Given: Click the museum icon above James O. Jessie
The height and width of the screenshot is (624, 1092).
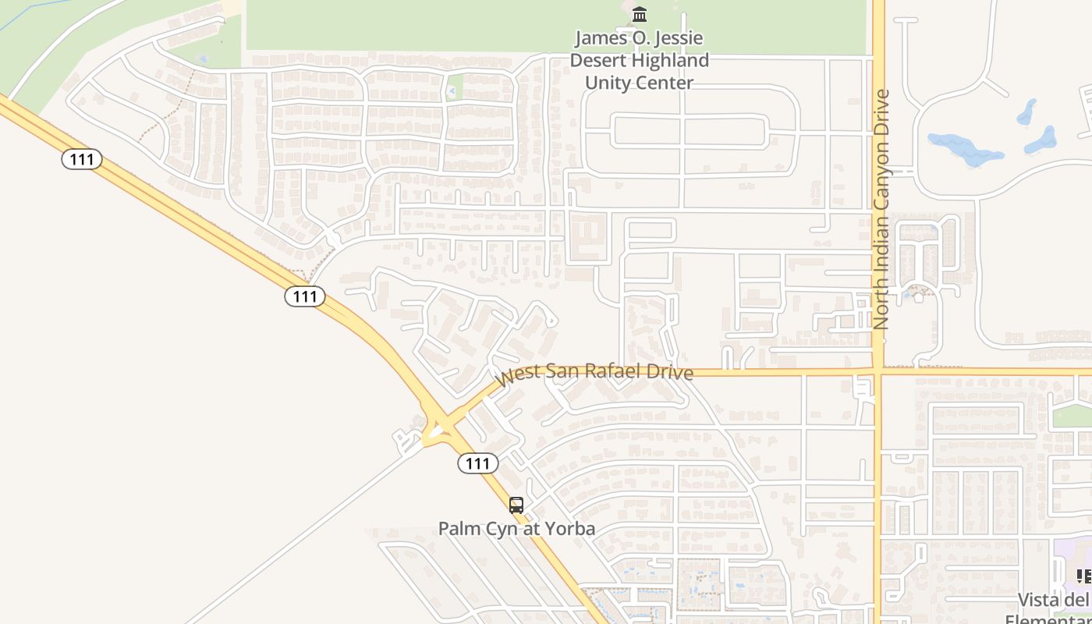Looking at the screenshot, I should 640,14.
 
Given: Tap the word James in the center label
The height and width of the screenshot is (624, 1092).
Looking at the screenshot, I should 599,37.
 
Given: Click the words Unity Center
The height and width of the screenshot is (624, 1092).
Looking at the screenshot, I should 639,82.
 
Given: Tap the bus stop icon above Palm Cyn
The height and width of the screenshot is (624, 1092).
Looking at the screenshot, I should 516,505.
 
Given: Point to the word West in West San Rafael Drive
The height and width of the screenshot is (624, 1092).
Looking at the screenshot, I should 515,376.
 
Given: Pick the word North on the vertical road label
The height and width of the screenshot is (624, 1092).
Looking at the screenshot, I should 881,301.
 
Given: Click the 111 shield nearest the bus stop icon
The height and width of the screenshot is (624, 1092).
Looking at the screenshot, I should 477,463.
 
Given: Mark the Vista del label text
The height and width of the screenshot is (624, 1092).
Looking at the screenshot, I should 1053,600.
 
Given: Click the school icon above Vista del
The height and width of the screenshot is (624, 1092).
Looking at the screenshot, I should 1083,576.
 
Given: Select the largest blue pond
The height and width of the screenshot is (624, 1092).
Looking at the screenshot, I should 966,148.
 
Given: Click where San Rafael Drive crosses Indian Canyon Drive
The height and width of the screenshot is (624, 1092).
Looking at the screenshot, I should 878,372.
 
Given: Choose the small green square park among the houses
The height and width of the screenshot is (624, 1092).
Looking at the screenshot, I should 453,87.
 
